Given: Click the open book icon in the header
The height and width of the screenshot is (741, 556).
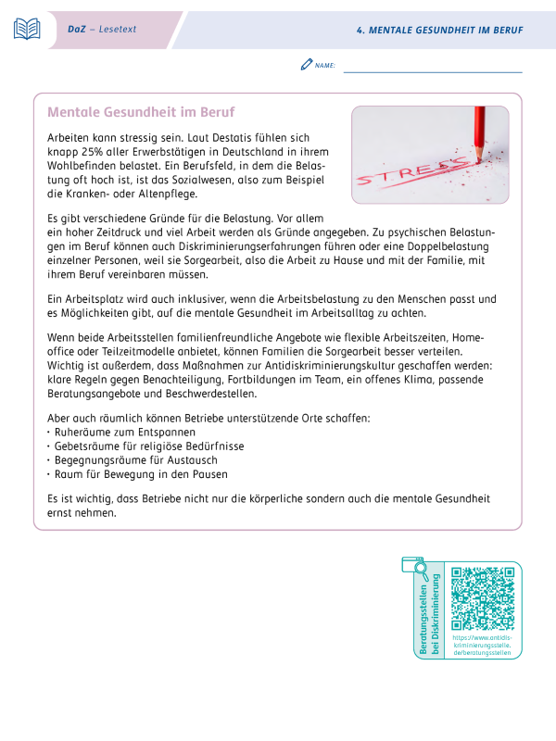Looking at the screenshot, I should tap(27, 30).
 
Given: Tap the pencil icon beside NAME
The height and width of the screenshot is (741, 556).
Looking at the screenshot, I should tap(307, 65).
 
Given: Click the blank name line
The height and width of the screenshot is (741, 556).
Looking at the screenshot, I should tap(432, 69).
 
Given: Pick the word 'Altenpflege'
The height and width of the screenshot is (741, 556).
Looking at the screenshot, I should tap(169, 195).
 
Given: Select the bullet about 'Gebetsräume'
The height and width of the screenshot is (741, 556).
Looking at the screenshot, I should tap(138, 447).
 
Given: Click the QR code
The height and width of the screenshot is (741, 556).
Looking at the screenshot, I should tap(482, 598).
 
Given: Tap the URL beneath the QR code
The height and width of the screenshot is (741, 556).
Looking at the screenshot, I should tap(482, 646).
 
